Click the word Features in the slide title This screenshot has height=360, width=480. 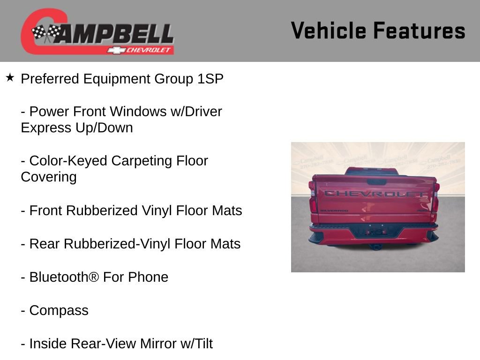pyautogui.click(x=419, y=31)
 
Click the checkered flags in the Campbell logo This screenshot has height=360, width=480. pyautogui.click(x=46, y=33)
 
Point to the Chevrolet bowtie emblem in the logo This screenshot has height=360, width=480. pyautogui.click(x=114, y=50)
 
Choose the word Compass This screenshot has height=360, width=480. pyautogui.click(x=59, y=310)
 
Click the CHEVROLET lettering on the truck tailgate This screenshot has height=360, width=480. pyautogui.click(x=375, y=193)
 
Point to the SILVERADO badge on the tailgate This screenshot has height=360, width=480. pyautogui.click(x=334, y=211)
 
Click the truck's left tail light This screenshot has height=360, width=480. pyautogui.click(x=313, y=202)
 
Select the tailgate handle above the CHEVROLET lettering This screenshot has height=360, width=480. pyautogui.click(x=376, y=182)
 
